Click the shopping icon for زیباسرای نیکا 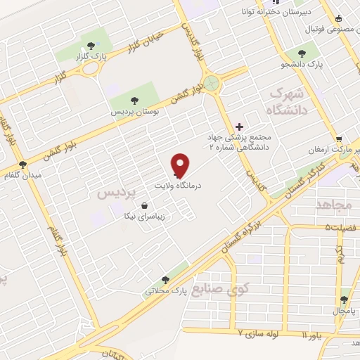(144, 206)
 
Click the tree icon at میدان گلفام (23, 164)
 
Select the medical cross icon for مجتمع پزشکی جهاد (239, 126)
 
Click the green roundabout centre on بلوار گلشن (213, 84)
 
